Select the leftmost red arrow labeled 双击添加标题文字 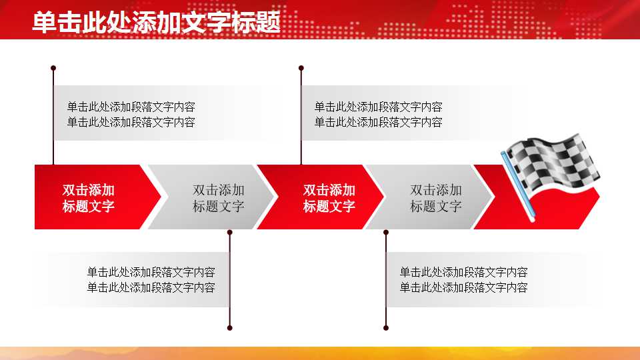89,197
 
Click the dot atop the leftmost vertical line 53,68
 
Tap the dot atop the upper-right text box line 301,68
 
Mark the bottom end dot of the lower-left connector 230,327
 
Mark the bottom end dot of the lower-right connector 386,327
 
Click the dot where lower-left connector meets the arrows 230,233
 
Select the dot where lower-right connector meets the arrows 386,233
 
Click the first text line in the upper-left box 131,107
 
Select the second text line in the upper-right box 378,122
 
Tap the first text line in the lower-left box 151,272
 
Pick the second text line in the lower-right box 463,287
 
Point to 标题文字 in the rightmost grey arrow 435,206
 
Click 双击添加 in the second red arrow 329,190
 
